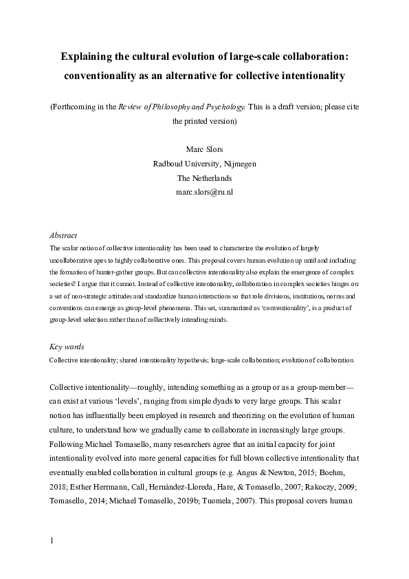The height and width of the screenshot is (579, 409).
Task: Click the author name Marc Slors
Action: [x=204, y=149]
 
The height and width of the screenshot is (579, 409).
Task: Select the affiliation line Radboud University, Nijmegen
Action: [x=204, y=164]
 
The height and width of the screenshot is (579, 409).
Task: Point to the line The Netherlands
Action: [x=204, y=178]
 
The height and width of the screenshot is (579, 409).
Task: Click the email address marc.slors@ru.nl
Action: [x=204, y=193]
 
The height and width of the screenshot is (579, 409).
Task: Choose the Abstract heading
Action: [x=64, y=235]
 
